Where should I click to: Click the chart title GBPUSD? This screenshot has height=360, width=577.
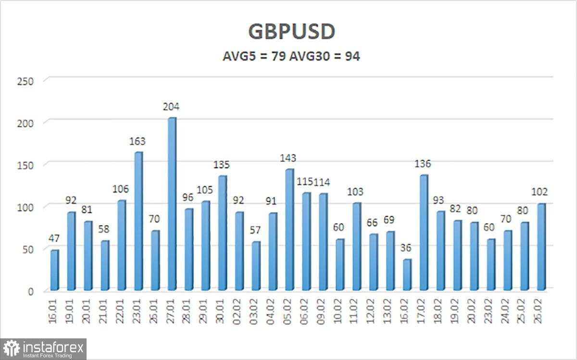291,32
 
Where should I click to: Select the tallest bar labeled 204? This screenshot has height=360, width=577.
172,204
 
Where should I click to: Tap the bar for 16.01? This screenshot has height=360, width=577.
54,270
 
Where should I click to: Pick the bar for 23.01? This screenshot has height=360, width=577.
138,221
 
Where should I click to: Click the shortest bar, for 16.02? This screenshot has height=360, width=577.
407,274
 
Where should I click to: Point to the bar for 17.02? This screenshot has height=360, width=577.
424,233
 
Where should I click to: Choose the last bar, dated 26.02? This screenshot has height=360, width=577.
541,247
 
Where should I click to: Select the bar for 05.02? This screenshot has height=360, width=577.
289,230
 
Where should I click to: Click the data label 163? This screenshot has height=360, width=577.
138,141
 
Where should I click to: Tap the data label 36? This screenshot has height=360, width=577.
407,248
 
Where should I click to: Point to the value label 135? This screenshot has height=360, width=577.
222,165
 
